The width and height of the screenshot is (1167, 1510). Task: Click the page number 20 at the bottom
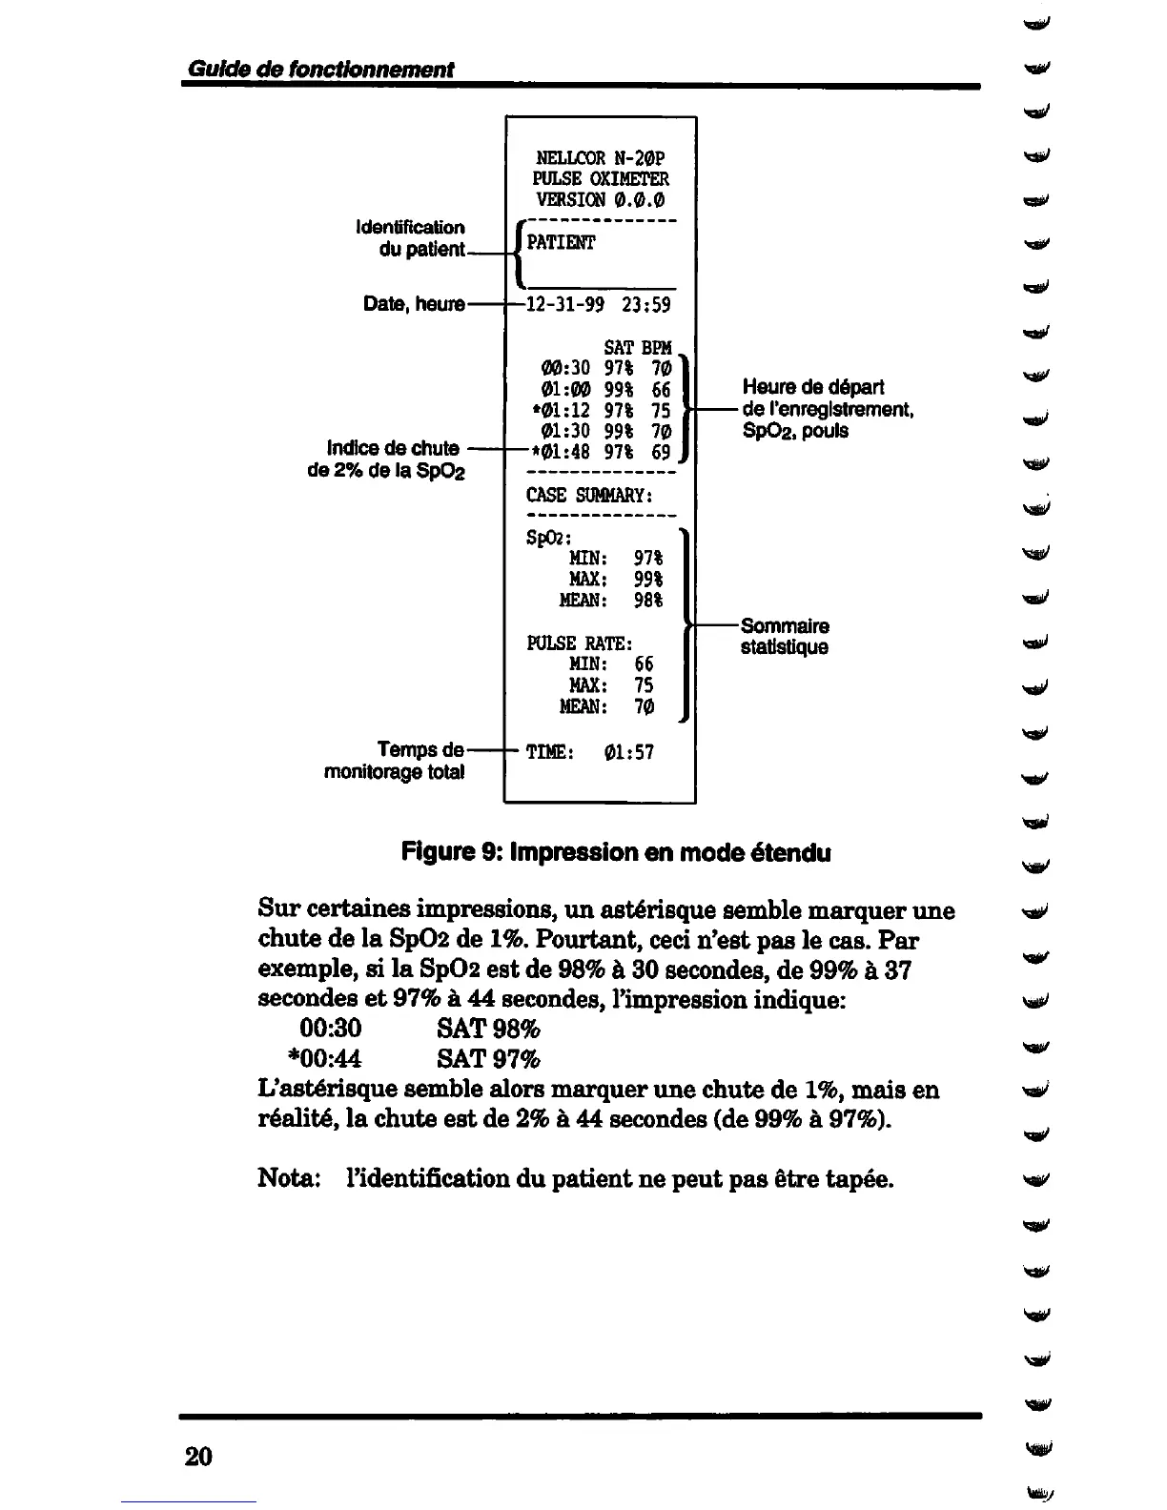(198, 1456)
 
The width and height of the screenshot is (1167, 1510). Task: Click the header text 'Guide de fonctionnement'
(320, 70)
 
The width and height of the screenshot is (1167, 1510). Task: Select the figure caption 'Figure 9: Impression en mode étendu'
(616, 852)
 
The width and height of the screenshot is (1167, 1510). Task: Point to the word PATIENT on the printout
(561, 243)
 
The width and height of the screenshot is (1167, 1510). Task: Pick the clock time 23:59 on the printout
(645, 305)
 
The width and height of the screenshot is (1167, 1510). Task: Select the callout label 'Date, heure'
(414, 304)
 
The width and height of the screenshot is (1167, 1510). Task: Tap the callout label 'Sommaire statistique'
(785, 637)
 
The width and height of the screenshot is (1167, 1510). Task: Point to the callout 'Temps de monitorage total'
(395, 761)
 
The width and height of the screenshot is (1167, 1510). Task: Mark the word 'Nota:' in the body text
(289, 1178)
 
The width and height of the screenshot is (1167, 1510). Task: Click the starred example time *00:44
(324, 1058)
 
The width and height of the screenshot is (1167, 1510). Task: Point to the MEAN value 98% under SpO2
(648, 601)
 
